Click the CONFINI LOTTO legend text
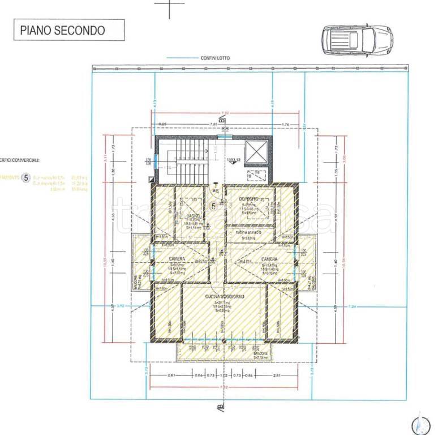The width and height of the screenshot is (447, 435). click(x=213, y=58)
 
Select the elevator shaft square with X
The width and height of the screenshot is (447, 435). click(x=256, y=152)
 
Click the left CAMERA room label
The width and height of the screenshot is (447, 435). click(x=177, y=258)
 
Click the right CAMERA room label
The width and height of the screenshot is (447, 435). click(x=269, y=258)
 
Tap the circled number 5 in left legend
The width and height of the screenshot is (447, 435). click(x=25, y=178)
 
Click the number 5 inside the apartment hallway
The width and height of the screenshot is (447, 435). click(x=213, y=206)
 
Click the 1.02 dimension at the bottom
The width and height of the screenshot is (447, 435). click(x=223, y=376)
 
